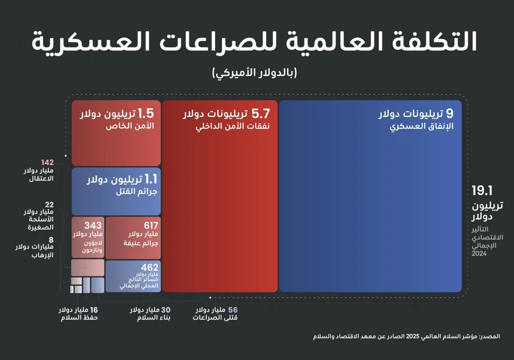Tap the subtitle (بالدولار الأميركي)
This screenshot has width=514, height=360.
(x=255, y=73)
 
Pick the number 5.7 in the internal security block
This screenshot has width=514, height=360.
(x=261, y=114)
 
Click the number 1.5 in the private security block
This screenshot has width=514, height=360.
(x=146, y=113)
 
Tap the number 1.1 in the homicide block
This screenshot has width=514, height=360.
(x=148, y=180)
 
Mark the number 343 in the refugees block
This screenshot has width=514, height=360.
(x=93, y=225)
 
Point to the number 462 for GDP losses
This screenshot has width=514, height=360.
(x=150, y=268)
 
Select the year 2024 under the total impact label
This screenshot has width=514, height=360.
(x=479, y=254)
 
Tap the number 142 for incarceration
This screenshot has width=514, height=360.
(x=47, y=163)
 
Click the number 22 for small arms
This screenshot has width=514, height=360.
(x=49, y=205)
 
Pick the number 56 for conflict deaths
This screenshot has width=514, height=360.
(x=233, y=310)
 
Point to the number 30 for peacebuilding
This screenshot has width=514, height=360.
(x=166, y=310)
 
